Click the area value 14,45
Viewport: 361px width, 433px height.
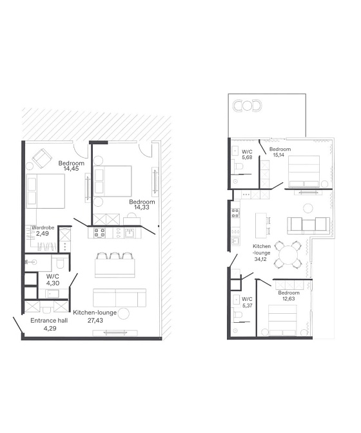(72, 169)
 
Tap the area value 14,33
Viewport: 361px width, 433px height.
(142, 207)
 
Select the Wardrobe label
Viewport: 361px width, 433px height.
(43, 228)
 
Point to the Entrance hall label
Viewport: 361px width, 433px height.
(49, 321)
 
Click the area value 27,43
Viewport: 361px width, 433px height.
(95, 321)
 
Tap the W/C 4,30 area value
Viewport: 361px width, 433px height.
(52, 283)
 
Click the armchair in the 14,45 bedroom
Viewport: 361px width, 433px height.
(43, 159)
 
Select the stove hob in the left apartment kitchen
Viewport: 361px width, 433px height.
(99, 233)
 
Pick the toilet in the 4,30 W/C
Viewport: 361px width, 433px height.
(59, 263)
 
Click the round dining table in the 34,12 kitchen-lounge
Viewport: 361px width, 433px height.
(288, 255)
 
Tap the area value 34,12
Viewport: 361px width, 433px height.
(260, 259)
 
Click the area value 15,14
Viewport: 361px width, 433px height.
(278, 155)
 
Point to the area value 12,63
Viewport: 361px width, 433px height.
(289, 299)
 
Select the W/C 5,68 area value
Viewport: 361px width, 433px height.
(247, 158)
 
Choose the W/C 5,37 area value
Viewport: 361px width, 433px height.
(247, 305)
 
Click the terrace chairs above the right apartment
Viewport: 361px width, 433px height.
(247, 106)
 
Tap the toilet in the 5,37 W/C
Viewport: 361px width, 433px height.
(237, 315)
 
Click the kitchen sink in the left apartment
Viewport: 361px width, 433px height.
(130, 233)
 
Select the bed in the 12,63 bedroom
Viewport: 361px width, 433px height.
(282, 320)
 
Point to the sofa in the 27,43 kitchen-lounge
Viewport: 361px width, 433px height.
(119, 298)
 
